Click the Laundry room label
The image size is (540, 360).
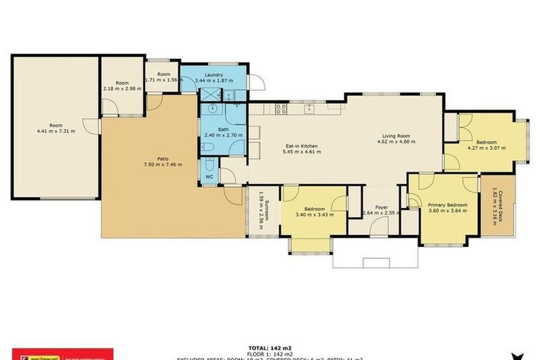pos(214,75)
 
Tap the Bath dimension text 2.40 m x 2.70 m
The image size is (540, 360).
pos(213,135)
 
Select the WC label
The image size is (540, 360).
pos(209,176)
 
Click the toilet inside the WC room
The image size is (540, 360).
pos(210,166)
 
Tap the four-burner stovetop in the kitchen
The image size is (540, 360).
pos(281,109)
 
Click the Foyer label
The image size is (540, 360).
pos(381,207)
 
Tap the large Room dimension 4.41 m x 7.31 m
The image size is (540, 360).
pos(56,131)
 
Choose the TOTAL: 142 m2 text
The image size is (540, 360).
pos(270,347)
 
